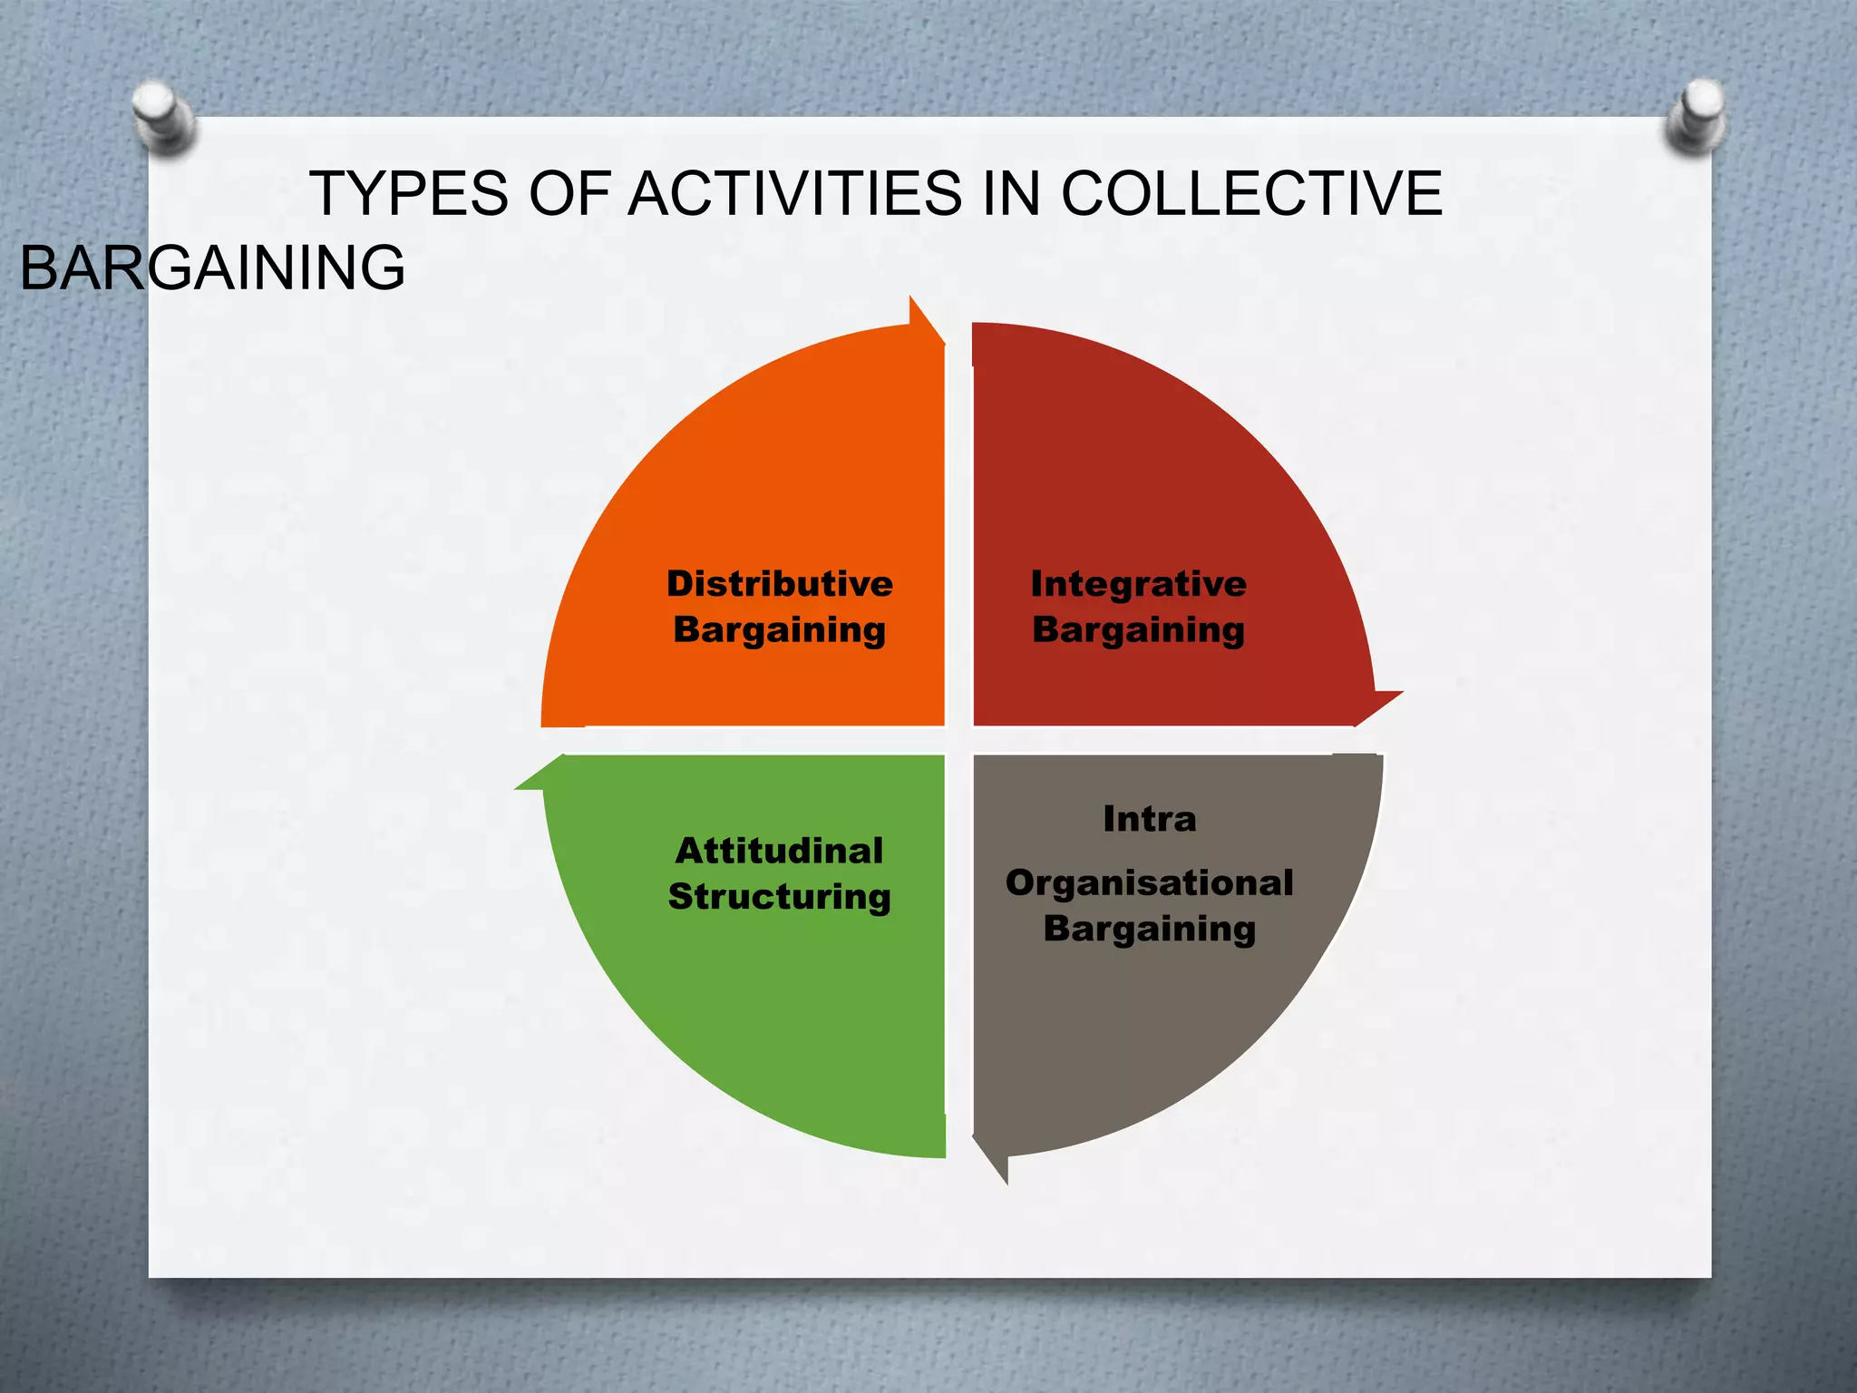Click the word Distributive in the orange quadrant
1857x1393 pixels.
point(780,583)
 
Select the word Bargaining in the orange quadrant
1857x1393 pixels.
point(780,629)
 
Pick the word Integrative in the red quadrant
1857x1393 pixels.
point(1138,583)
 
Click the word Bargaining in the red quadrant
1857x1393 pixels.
point(1138,629)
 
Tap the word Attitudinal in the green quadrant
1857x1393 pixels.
point(779,851)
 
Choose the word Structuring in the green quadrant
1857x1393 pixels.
point(779,897)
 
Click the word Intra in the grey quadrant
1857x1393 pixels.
point(1149,819)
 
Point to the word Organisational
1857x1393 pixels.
point(1149,882)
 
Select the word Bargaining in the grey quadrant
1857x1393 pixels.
point(1149,929)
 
